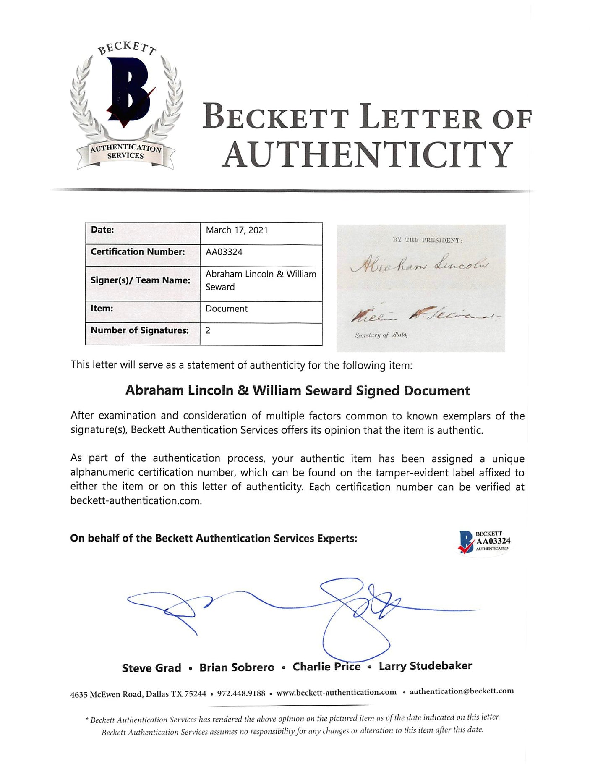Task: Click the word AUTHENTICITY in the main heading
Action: [368, 155]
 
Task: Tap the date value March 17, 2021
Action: [237, 230]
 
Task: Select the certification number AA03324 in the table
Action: [224, 252]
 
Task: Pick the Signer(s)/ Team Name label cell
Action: [141, 280]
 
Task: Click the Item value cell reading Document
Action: [227, 309]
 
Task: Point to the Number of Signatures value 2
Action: [208, 330]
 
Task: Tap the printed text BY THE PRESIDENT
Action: [427, 241]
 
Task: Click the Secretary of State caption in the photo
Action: [381, 335]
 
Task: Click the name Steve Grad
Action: [151, 668]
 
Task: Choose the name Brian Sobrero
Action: [237, 667]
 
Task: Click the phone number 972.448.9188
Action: [241, 693]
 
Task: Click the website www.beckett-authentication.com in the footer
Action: [336, 692]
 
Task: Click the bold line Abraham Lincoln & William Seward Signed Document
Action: [298, 390]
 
